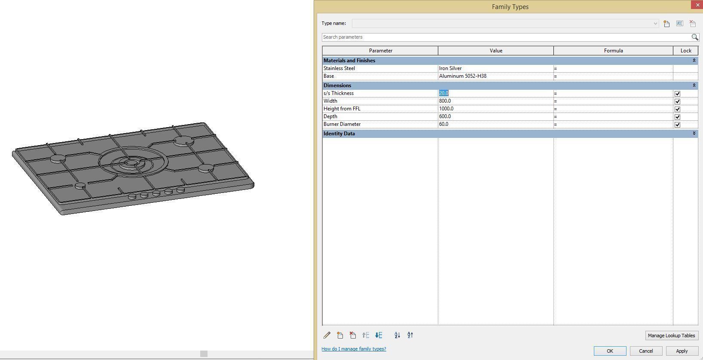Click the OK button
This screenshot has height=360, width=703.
coord(609,351)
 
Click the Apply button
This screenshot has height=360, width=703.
coord(682,351)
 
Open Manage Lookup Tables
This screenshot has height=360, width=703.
coord(671,336)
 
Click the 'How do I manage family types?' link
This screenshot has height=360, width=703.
coord(354,349)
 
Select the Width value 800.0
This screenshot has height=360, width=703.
coord(445,101)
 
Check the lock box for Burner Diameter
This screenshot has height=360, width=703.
coord(677,125)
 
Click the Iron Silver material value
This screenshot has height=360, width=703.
coord(450,68)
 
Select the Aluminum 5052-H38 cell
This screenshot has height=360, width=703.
coord(463,76)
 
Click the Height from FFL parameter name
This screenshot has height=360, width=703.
coord(342,109)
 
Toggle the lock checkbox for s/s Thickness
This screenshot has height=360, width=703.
coord(677,94)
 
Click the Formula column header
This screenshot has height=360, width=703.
coord(613,51)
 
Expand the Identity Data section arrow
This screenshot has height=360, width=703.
coord(694,134)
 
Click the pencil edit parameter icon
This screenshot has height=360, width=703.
coord(327,335)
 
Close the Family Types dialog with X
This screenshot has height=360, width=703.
coord(697,5)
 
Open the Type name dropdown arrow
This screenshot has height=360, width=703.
coord(655,24)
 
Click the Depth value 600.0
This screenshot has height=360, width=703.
coord(445,116)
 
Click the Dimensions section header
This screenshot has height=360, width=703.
coord(337,85)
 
